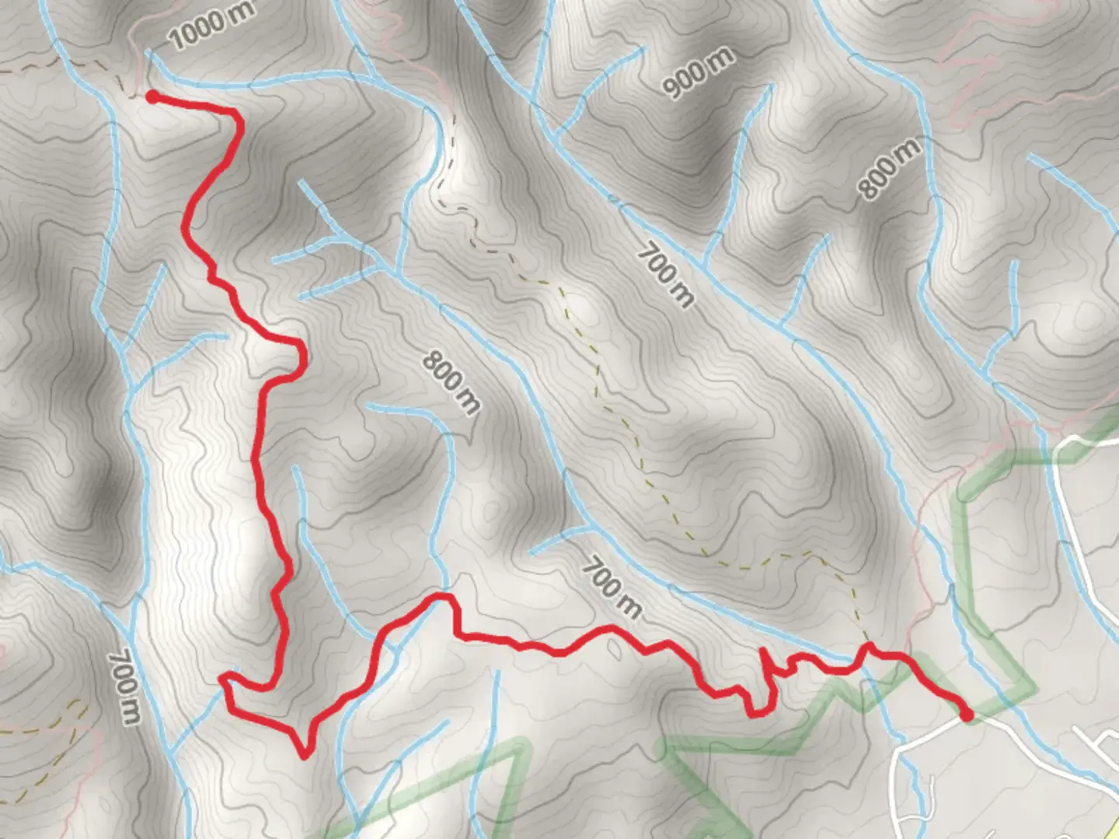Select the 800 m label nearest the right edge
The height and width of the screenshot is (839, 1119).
[891, 169]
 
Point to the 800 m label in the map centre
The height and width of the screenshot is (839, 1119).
[451, 382]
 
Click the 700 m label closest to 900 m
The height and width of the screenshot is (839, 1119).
[665, 276]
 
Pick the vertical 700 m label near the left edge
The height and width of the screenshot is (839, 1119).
[125, 688]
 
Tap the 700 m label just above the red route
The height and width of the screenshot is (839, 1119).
[612, 588]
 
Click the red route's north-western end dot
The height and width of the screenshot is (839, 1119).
[153, 96]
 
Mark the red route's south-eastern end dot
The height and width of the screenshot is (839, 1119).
[966, 715]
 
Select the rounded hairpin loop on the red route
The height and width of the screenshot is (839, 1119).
[300, 359]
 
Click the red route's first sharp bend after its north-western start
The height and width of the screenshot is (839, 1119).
[237, 118]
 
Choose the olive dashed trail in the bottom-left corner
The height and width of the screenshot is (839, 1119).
[54, 719]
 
